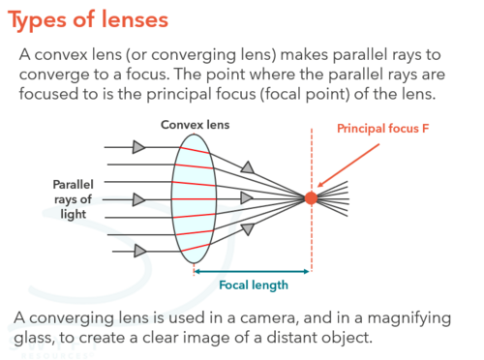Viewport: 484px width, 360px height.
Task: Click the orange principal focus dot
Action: click(311, 197)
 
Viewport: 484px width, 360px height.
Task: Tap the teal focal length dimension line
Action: click(253, 271)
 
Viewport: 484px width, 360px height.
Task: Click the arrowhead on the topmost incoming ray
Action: click(139, 147)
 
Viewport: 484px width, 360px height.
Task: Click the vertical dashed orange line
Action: click(311, 242)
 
